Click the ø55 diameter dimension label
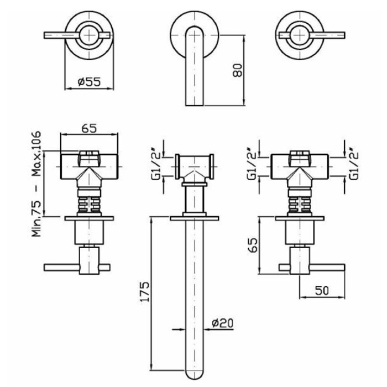click(89, 82)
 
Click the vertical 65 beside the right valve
click(253, 244)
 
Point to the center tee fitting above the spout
click(193, 166)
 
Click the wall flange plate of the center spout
click(193, 217)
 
